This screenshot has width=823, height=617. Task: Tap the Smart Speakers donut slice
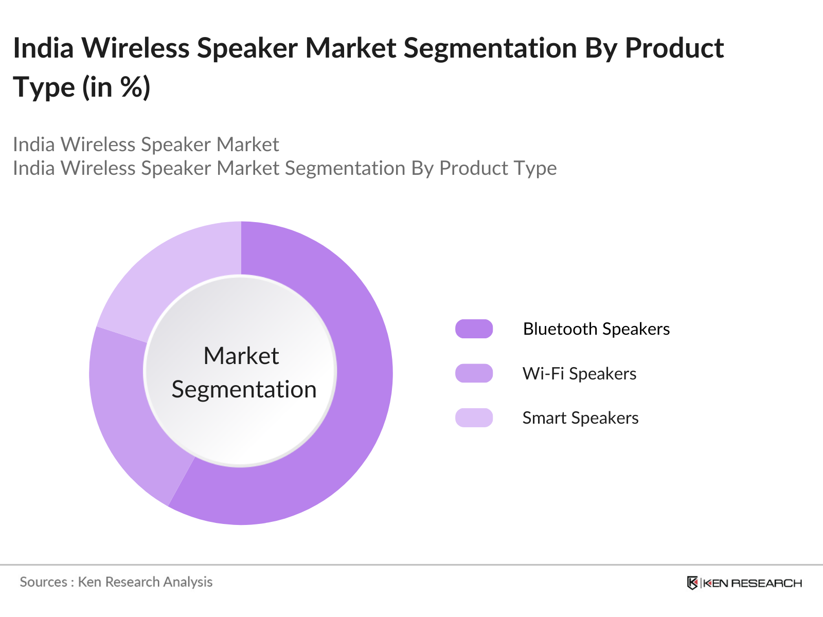tap(175, 278)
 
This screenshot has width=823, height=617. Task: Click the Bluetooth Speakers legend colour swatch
tap(474, 329)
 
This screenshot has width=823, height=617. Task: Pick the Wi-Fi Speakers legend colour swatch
tap(474, 373)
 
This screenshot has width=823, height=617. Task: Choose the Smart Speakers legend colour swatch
tap(474, 418)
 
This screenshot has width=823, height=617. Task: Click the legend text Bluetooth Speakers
tap(596, 329)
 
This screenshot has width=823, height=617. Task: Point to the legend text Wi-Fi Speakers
tap(579, 373)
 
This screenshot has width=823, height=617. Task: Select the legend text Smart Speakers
tap(580, 418)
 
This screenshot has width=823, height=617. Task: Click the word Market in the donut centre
tap(241, 356)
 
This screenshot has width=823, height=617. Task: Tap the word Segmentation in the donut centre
tap(244, 389)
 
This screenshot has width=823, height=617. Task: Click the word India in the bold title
tap(43, 48)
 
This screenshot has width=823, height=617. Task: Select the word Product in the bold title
tap(674, 48)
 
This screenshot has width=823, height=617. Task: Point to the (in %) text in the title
tap(116, 87)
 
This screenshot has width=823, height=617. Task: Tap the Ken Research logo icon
tap(692, 583)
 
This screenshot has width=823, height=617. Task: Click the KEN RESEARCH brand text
tap(752, 583)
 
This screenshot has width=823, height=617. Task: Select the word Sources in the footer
tap(43, 582)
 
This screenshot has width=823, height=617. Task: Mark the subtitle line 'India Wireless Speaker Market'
tap(146, 144)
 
